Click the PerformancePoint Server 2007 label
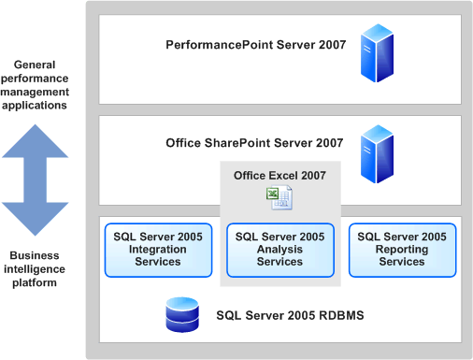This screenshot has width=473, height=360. click(256, 45)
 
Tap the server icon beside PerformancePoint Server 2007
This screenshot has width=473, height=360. click(377, 53)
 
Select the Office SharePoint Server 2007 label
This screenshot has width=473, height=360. click(254, 143)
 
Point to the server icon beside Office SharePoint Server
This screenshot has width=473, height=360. click(377, 154)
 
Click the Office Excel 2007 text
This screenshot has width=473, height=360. click(279, 176)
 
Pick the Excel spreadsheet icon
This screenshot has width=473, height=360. click(279, 197)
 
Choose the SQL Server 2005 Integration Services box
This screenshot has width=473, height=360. click(158, 250)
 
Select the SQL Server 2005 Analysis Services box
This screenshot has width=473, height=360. click(280, 250)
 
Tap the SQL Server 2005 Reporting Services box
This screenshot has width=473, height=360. click(402, 250)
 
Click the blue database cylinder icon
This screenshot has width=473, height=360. click(182, 314)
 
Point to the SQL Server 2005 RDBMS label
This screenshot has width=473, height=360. click(290, 315)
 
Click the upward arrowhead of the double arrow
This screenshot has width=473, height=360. click(35, 141)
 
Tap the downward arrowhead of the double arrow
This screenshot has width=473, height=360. click(35, 219)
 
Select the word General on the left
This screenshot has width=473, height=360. click(35, 65)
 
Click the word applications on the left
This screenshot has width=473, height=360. click(35, 106)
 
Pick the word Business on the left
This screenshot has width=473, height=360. click(35, 255)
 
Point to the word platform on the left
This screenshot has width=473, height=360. click(35, 283)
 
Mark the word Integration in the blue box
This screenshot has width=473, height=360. click(158, 250)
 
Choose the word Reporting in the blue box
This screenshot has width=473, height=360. click(402, 250)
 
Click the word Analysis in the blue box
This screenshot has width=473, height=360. click(279, 250)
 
